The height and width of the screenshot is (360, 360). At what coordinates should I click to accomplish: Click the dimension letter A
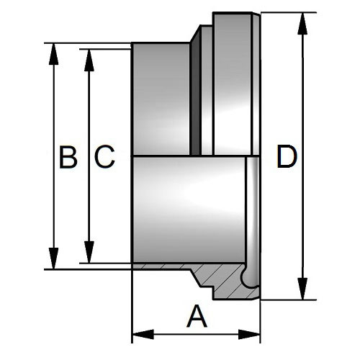pyautogui.click(x=197, y=316)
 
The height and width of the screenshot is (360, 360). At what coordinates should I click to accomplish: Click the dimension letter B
pyautogui.click(x=68, y=157)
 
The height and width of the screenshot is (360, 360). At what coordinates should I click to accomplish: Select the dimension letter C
pyautogui.click(x=104, y=156)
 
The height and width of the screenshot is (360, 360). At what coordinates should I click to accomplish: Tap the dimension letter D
pyautogui.click(x=287, y=156)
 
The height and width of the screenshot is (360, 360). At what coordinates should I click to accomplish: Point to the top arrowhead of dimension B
pyautogui.click(x=53, y=54)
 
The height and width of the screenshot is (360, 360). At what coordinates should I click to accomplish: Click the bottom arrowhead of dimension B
pyautogui.click(x=53, y=258)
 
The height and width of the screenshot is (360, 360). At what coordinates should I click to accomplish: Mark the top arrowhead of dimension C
pyautogui.click(x=89, y=60)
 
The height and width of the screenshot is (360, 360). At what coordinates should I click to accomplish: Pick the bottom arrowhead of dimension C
pyautogui.click(x=89, y=252)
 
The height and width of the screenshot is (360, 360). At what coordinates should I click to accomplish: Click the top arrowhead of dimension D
pyautogui.click(x=302, y=23)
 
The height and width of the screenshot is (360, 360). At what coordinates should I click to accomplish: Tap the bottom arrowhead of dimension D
pyautogui.click(x=302, y=289)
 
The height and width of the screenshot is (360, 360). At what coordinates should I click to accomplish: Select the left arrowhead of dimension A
pyautogui.click(x=143, y=334)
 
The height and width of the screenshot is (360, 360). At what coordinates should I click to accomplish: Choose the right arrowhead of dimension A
pyautogui.click(x=249, y=334)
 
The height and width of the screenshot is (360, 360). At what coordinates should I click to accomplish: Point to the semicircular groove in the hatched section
pyautogui.click(x=251, y=276)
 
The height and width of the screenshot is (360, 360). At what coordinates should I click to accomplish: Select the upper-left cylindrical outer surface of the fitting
pyautogui.click(x=161, y=99)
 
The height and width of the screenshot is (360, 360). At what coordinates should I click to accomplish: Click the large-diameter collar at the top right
pyautogui.click(x=233, y=84)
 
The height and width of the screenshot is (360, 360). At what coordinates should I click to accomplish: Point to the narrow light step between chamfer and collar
pyautogui.click(x=207, y=91)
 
